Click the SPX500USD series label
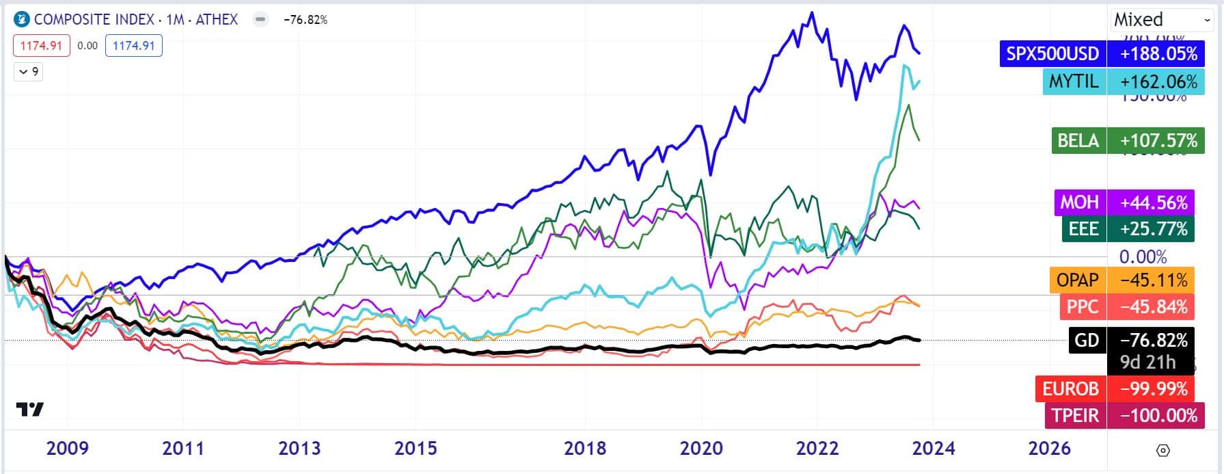pos(1052,53)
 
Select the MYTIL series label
pos(1074,81)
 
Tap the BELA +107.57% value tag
pos(1158,141)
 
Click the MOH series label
pos(1079,202)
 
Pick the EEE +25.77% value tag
pos(1154,228)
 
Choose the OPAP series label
pos(1077,280)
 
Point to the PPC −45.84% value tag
pos(1154,306)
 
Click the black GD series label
pos(1087,340)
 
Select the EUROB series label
pos(1070,389)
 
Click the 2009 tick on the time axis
pos(67,448)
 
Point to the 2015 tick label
pos(416,448)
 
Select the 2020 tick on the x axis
pos(701,448)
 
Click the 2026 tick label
pos(1050,448)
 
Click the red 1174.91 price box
pos(41,46)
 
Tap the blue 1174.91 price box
pos(133,46)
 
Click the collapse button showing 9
pos(29,71)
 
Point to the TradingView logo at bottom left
pos(30,409)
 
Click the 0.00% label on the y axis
pos(1143,257)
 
